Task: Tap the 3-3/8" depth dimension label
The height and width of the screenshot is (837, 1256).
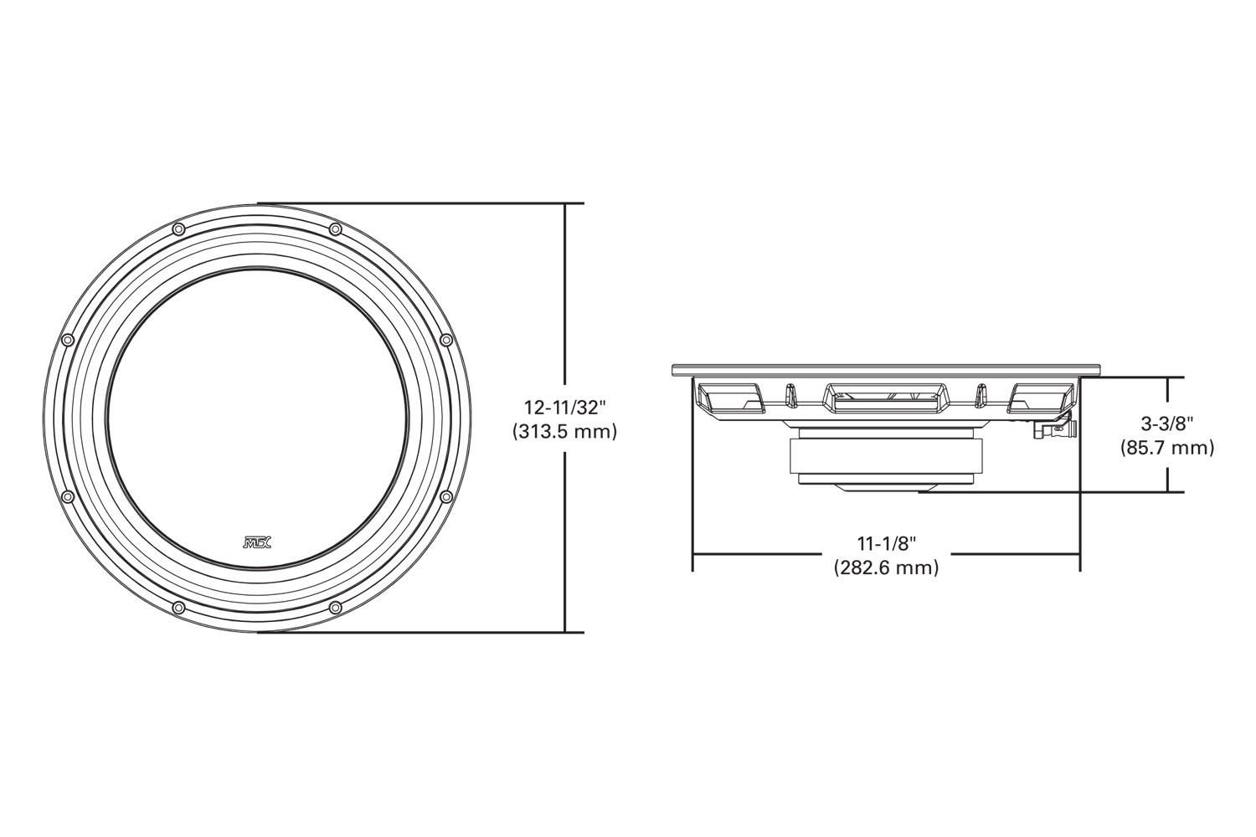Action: (1166, 424)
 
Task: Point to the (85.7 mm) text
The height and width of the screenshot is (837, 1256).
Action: (1166, 448)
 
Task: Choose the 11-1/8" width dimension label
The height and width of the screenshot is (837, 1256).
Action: (885, 544)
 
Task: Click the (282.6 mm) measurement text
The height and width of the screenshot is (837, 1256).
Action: (885, 567)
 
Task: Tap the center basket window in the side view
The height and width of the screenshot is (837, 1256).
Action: (885, 396)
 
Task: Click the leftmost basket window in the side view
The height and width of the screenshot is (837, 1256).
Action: (731, 397)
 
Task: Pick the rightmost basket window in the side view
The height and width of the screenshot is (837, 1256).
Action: (1039, 397)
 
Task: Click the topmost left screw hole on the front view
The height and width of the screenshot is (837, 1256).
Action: (178, 229)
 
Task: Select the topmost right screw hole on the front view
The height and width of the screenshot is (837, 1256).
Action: (335, 229)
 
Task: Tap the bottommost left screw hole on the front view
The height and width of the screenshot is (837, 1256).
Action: (178, 607)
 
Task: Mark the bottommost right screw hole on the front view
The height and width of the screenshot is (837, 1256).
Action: (335, 607)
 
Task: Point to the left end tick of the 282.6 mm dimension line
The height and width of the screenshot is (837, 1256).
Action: (692, 554)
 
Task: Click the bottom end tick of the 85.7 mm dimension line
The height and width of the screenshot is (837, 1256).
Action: (1166, 491)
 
